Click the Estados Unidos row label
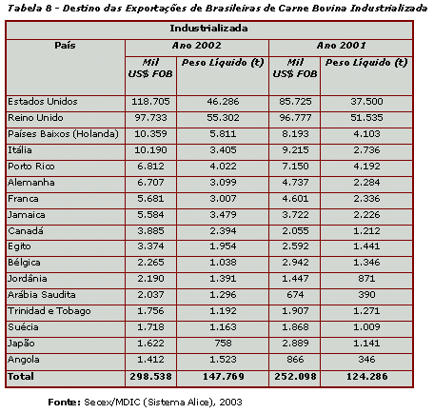click(43, 102)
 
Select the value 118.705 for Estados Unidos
click(150, 102)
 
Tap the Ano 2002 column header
click(197, 46)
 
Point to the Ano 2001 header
click(341, 46)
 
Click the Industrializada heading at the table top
click(208, 29)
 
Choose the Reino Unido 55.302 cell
click(223, 118)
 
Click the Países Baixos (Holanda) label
click(63, 134)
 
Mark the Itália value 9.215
click(295, 150)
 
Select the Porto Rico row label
click(31, 167)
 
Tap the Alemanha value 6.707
click(150, 183)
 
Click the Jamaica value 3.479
click(223, 215)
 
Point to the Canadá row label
click(26, 230)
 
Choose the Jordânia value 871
click(366, 279)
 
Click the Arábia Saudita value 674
click(295, 295)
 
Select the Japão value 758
click(223, 344)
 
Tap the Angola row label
click(24, 360)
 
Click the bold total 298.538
click(150, 377)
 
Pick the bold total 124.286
click(366, 377)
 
